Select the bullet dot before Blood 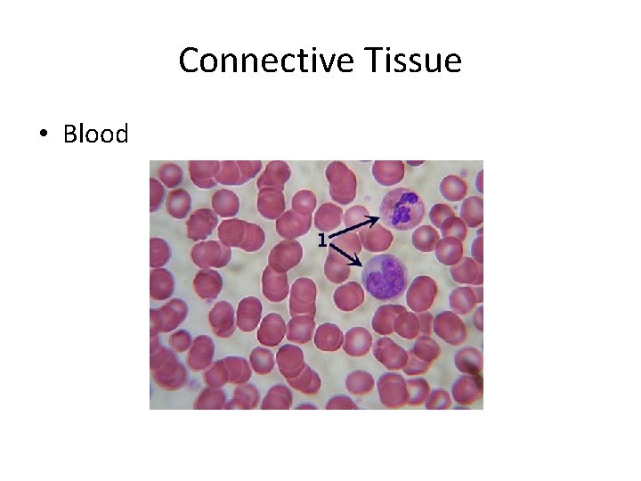click(x=42, y=135)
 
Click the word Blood click(x=96, y=134)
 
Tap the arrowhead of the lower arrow click(x=358, y=264)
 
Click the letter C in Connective click(x=189, y=61)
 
